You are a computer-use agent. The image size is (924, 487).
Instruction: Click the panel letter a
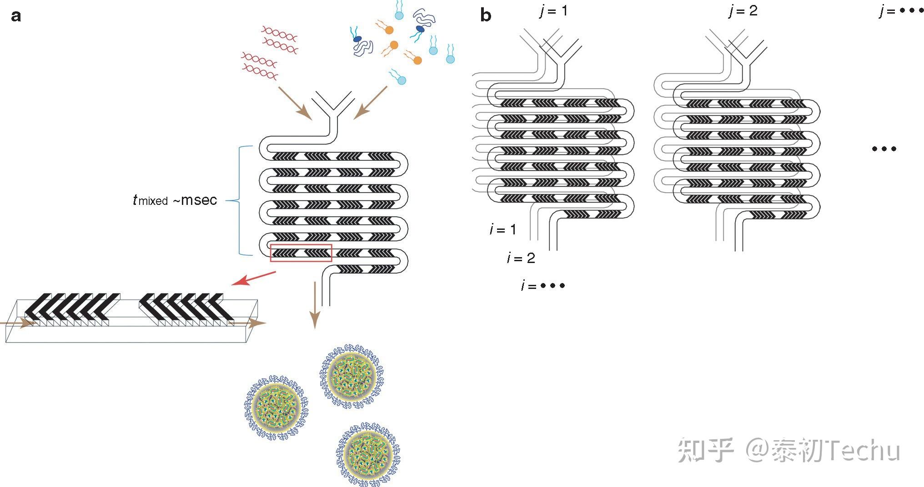tap(16, 16)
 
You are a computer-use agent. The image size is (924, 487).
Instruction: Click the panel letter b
tap(486, 16)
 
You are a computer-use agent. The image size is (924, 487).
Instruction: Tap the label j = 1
tap(553, 10)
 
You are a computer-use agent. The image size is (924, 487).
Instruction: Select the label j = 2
tap(743, 10)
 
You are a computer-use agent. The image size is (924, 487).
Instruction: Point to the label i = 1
tap(503, 229)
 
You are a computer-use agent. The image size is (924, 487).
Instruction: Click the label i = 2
tap(521, 258)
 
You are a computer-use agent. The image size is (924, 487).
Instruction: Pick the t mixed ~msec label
tap(175, 200)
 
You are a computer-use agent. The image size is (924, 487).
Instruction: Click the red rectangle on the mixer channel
tap(301, 253)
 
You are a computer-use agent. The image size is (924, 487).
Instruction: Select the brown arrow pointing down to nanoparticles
tap(314, 304)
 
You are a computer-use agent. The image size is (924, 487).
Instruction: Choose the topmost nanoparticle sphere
tap(352, 376)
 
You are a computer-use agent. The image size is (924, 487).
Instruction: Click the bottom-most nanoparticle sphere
tap(368, 454)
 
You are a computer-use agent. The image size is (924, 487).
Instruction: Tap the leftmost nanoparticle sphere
tap(276, 407)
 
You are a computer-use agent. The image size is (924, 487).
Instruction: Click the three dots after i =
tap(552, 286)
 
